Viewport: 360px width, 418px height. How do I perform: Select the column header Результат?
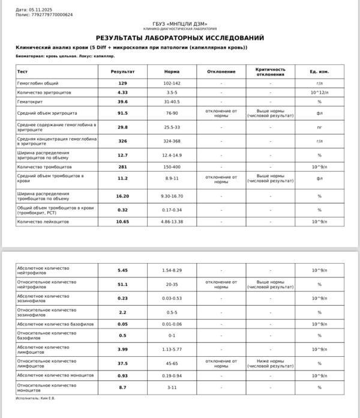[123, 72]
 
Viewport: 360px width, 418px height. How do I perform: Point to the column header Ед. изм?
[319, 72]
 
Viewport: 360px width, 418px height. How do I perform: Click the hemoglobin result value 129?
[123, 83]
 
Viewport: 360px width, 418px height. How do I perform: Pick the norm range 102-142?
[172, 83]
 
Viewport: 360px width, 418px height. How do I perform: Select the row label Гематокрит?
[31, 102]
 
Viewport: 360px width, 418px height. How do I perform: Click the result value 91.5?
[123, 112]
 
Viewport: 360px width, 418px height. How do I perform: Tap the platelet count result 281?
[123, 166]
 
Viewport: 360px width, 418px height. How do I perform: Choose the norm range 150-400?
[172, 166]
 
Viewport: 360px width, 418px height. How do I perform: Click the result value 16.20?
[123, 196]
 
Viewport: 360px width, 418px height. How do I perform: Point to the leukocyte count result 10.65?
[123, 222]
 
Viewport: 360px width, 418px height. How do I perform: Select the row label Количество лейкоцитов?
[43, 222]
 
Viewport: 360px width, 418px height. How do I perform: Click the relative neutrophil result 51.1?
[123, 284]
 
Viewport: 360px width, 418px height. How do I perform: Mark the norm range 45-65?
[172, 363]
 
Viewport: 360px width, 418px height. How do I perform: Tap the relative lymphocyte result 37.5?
[123, 363]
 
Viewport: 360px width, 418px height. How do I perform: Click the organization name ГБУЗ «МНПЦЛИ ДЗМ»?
[180, 23]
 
